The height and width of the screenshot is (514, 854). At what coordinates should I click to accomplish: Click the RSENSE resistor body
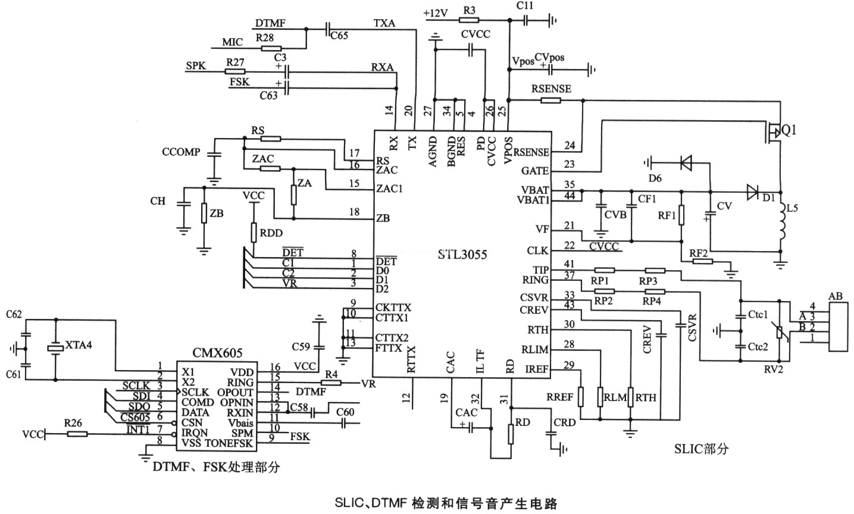tap(550, 101)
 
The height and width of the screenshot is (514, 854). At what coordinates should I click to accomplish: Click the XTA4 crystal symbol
tap(55, 348)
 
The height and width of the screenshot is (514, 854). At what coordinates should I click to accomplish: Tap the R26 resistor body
tap(77, 434)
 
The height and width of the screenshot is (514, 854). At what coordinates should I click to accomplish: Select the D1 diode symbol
tap(753, 191)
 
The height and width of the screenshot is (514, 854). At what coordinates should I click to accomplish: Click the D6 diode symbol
tap(686, 161)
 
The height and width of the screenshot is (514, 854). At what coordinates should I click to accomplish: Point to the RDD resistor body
tap(254, 233)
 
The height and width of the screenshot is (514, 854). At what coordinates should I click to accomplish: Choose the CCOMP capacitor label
tap(181, 152)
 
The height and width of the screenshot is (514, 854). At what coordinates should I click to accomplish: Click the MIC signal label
tap(233, 43)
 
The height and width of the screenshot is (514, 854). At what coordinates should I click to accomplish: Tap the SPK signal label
tap(196, 66)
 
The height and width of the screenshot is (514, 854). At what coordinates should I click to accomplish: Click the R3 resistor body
tap(469, 20)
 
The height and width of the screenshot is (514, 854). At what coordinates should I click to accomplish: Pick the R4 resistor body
tap(331, 383)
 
